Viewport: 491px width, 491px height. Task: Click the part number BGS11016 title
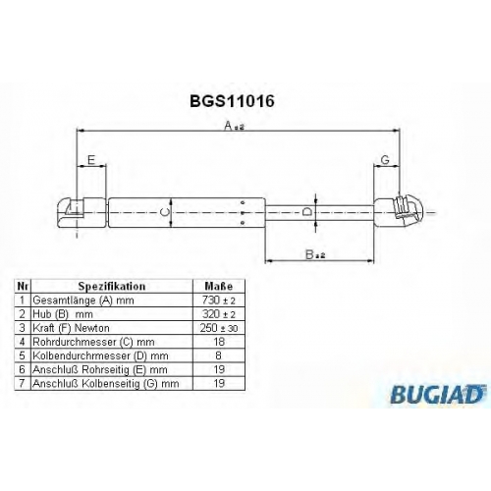pyautogui.click(x=232, y=101)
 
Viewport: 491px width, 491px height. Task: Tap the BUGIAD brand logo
pyautogui.click(x=437, y=394)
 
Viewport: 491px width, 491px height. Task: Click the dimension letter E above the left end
pyautogui.click(x=91, y=160)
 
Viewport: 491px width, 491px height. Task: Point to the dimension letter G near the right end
pyautogui.click(x=386, y=160)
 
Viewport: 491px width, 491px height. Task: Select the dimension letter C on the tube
pyautogui.click(x=165, y=212)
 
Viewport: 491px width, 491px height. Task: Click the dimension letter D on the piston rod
pyautogui.click(x=306, y=212)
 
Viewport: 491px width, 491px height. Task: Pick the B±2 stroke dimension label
pyautogui.click(x=315, y=254)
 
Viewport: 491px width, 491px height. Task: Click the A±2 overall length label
pyautogui.click(x=235, y=126)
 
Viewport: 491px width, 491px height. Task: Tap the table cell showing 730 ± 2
pyautogui.click(x=219, y=300)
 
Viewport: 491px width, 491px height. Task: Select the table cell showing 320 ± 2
pyautogui.click(x=219, y=314)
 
